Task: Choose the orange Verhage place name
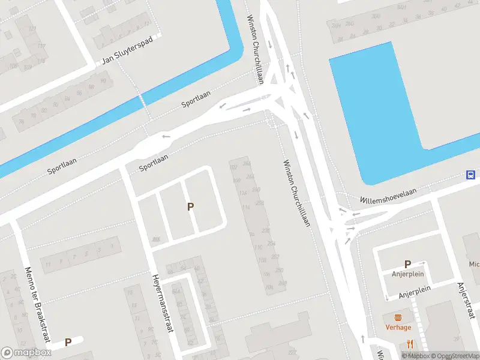tap(398, 328)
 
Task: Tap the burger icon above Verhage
tap(398, 317)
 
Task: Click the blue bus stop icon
tap(472, 175)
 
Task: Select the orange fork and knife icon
tap(410, 344)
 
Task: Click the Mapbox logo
tap(26, 353)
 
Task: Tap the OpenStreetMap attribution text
tap(454, 356)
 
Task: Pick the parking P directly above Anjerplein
tap(407, 264)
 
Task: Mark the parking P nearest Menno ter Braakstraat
tap(68, 342)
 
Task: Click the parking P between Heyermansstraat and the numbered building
tap(191, 206)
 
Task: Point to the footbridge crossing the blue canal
tap(143, 100)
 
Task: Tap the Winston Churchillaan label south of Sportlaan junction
tap(296, 192)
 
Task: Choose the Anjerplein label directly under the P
tap(408, 274)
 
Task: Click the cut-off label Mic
tap(474, 264)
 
